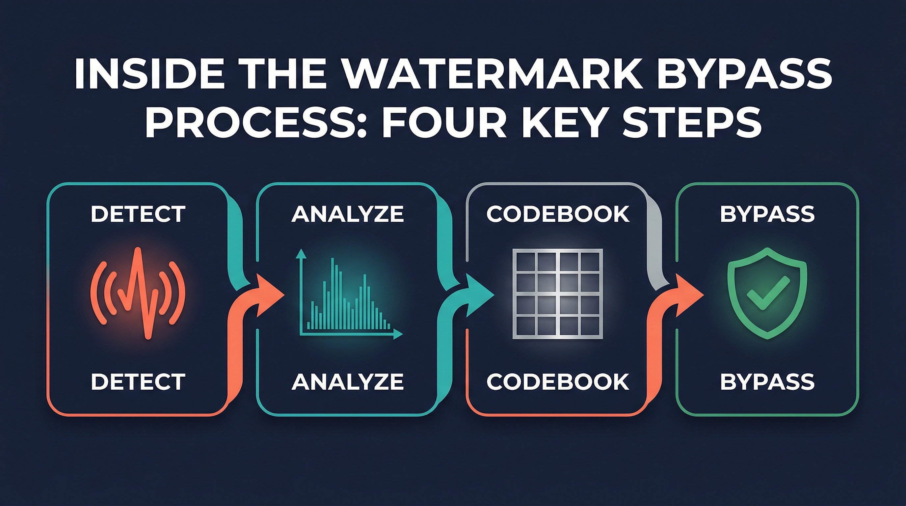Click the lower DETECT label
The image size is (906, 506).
click(x=138, y=382)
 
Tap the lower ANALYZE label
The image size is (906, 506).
click(x=348, y=382)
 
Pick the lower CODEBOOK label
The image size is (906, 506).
click(x=558, y=382)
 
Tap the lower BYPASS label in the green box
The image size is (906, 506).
click(x=767, y=382)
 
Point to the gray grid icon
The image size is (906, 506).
click(x=558, y=294)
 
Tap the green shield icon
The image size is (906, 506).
click(x=767, y=294)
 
